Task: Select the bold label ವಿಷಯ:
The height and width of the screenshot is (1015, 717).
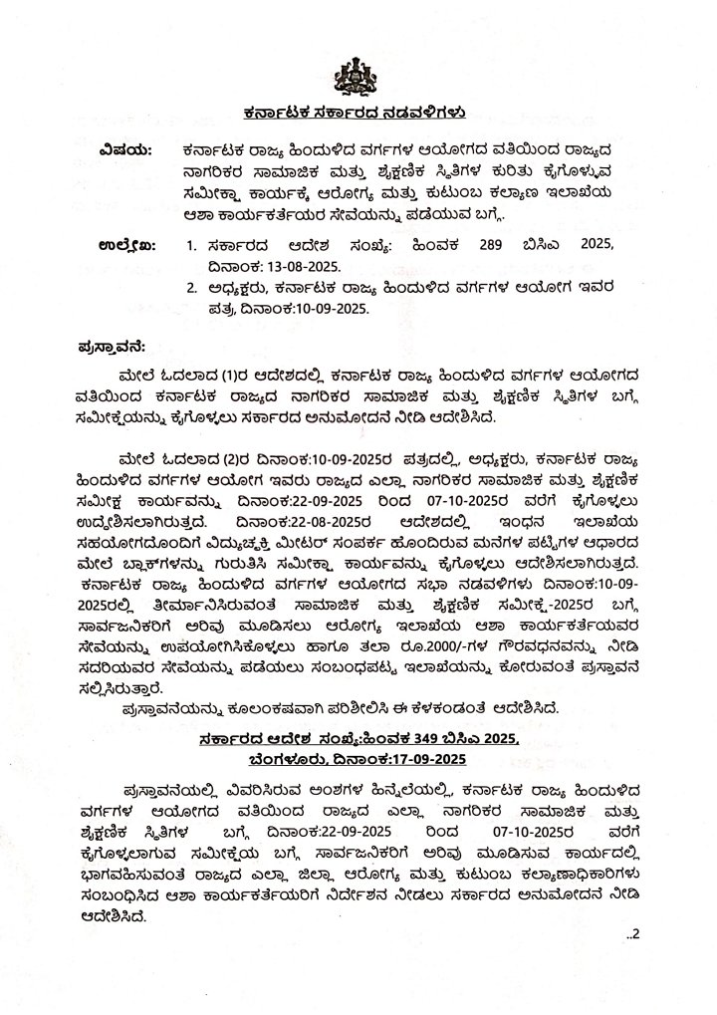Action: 126,149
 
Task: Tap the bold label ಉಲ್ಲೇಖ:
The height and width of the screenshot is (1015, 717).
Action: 127,243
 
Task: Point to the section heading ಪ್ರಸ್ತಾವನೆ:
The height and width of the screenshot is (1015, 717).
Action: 113,347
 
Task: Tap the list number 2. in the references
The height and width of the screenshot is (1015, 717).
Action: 191,289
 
